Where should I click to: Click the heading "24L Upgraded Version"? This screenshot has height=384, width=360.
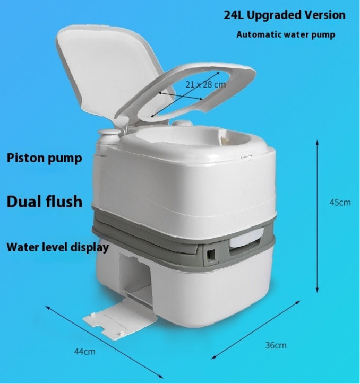tap(285, 15)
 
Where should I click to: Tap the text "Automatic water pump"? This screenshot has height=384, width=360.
tap(286, 34)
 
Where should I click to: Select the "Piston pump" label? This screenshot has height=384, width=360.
tap(45, 158)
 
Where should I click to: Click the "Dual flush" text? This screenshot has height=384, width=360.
tap(45, 202)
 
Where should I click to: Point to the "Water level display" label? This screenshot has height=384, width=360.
tap(58, 247)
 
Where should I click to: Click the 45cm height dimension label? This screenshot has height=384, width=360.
tap(340, 203)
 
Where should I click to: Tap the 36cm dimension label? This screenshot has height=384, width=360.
tap(276, 345)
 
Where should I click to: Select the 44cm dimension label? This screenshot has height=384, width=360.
tap(84, 352)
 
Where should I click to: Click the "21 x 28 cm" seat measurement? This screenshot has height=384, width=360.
tap(205, 84)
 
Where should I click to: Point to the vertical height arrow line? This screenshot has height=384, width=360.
tap(317, 216)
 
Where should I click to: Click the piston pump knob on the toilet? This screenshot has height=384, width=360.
tap(109, 137)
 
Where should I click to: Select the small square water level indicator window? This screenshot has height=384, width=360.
tap(211, 255)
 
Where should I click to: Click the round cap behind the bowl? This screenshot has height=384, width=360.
tap(183, 123)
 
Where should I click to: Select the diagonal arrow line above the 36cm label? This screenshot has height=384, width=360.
tap(256, 330)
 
